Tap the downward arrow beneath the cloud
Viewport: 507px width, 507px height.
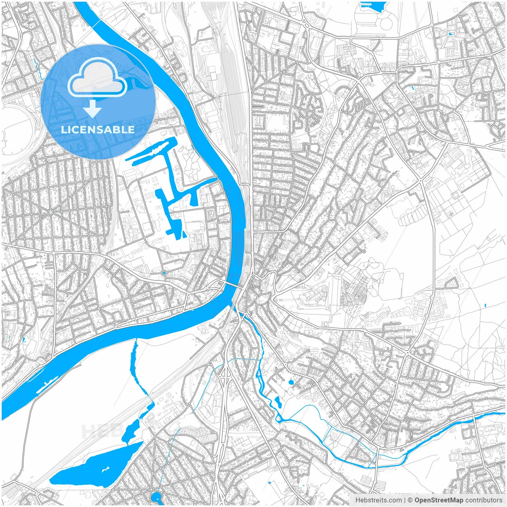[93, 109]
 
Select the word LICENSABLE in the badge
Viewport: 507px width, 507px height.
[97, 130]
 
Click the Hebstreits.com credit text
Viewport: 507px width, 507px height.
[378, 500]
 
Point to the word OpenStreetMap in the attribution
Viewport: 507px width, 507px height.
[439, 500]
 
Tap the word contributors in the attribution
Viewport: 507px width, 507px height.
[484, 500]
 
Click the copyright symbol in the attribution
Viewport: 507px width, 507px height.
[410, 500]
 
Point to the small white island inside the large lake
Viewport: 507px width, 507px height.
[106, 470]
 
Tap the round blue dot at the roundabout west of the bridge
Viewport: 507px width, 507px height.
[164, 273]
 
